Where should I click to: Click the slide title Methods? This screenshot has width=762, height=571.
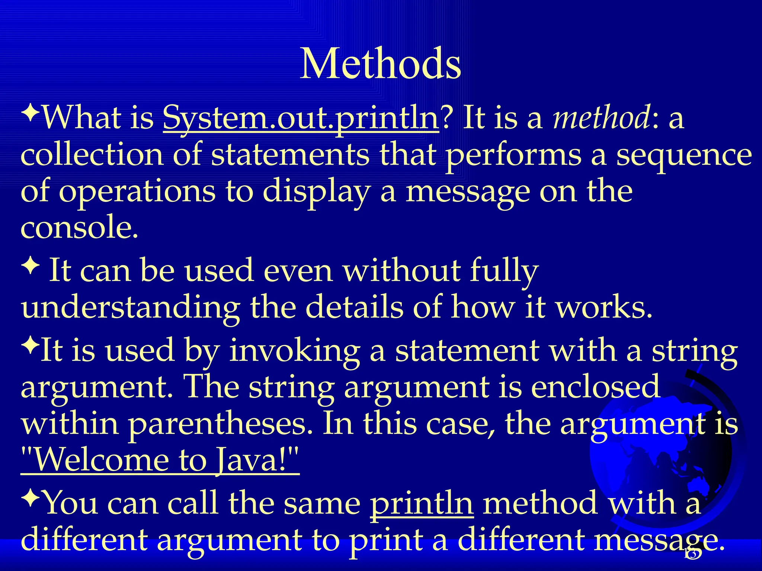[x=380, y=64]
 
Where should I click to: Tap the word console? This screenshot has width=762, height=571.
[x=79, y=228]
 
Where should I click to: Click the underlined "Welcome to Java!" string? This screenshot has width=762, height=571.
[x=160, y=460]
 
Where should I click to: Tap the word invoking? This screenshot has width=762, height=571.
[x=294, y=351]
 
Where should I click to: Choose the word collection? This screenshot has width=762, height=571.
[x=92, y=155]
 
